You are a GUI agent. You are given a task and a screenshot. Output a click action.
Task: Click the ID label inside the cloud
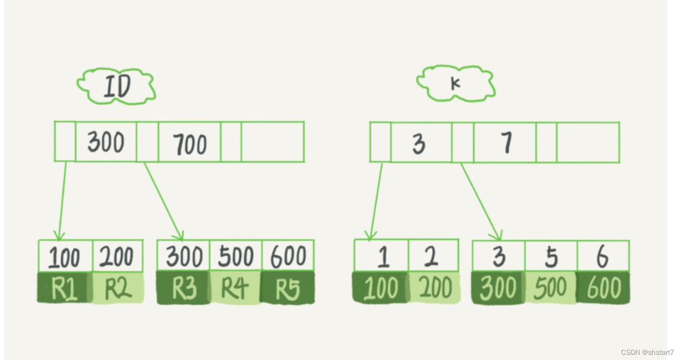pos(116,86)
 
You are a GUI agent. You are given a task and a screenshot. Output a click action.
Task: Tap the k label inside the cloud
pos(455,83)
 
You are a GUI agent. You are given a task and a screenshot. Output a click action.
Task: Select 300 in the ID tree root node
pos(105,142)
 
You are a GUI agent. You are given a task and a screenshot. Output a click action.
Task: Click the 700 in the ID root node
pos(189,144)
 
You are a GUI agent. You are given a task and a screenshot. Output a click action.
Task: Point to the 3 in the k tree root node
pos(419,144)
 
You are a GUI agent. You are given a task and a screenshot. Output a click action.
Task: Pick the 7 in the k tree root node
pos(506,143)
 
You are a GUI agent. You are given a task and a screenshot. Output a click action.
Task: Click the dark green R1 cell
pos(64,288)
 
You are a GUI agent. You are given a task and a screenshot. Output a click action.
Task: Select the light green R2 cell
pos(118,288)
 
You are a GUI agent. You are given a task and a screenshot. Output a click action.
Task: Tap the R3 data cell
pos(183,288)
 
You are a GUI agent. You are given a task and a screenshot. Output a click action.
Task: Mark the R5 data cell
pos(287,288)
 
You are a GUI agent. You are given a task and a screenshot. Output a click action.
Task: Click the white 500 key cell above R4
pos(235,256)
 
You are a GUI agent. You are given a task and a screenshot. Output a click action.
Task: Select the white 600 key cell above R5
pos(288,256)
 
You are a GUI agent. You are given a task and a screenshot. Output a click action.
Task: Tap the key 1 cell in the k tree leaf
pos(382,256)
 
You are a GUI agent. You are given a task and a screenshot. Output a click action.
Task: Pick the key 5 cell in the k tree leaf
pos(551,256)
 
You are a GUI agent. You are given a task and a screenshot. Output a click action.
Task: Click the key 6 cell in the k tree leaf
pos(602,256)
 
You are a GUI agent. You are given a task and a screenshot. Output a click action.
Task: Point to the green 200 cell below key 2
pos(434,288)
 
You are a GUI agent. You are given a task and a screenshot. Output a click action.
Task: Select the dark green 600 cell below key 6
pos(603,288)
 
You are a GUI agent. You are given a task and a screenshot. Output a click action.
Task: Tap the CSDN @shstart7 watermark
pos(647,352)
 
